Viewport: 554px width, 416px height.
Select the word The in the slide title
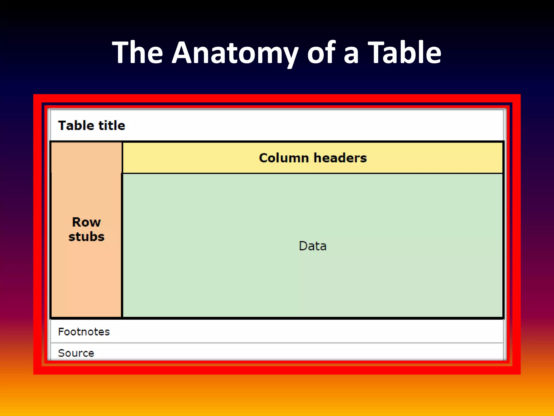pyautogui.click(x=137, y=53)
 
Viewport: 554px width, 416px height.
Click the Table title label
pyautogui.click(x=91, y=126)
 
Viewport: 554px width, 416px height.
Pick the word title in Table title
pyautogui.click(x=111, y=126)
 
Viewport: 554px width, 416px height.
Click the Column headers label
pyautogui.click(x=313, y=158)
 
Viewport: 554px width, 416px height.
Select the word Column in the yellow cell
pyautogui.click(x=284, y=158)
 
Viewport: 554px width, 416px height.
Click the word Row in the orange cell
pyautogui.click(x=86, y=222)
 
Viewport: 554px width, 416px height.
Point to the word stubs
pyautogui.click(x=86, y=237)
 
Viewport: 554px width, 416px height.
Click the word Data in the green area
pyautogui.click(x=312, y=246)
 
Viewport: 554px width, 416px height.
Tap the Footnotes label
pyautogui.click(x=84, y=332)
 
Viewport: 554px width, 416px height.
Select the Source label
pyautogui.click(x=76, y=353)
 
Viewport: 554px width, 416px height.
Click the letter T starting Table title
pyautogui.click(x=62, y=126)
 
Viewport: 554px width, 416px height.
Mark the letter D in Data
pyautogui.click(x=303, y=246)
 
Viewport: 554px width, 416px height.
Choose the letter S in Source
pyautogui.click(x=61, y=353)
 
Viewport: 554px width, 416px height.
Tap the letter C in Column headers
pyautogui.click(x=263, y=158)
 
